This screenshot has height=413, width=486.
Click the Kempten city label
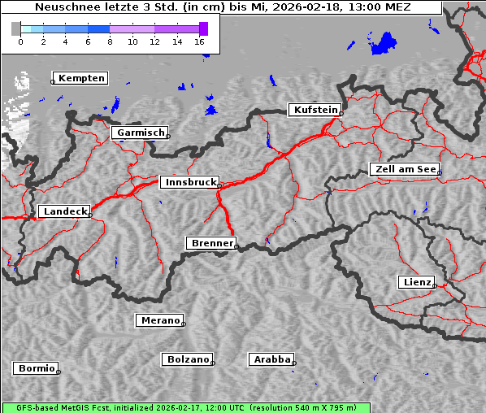click(81, 78)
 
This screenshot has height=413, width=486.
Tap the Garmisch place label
click(141, 133)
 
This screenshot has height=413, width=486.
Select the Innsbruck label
click(189, 183)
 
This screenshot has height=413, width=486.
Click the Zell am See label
click(405, 169)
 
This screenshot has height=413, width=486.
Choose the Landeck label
click(64, 211)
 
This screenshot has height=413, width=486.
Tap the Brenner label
click(212, 243)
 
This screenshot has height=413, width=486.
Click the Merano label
click(160, 320)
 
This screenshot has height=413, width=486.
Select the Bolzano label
click(188, 359)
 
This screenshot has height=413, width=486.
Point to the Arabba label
click(271, 359)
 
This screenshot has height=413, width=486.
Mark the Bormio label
click(37, 368)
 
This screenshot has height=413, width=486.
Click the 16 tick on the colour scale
click(200, 41)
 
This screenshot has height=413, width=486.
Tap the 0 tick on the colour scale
click(20, 41)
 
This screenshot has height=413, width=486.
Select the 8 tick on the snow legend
click(110, 41)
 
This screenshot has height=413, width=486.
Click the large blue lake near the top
click(384, 44)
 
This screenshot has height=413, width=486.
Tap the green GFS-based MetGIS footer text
click(185, 407)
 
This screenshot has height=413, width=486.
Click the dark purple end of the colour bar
click(203, 28)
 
